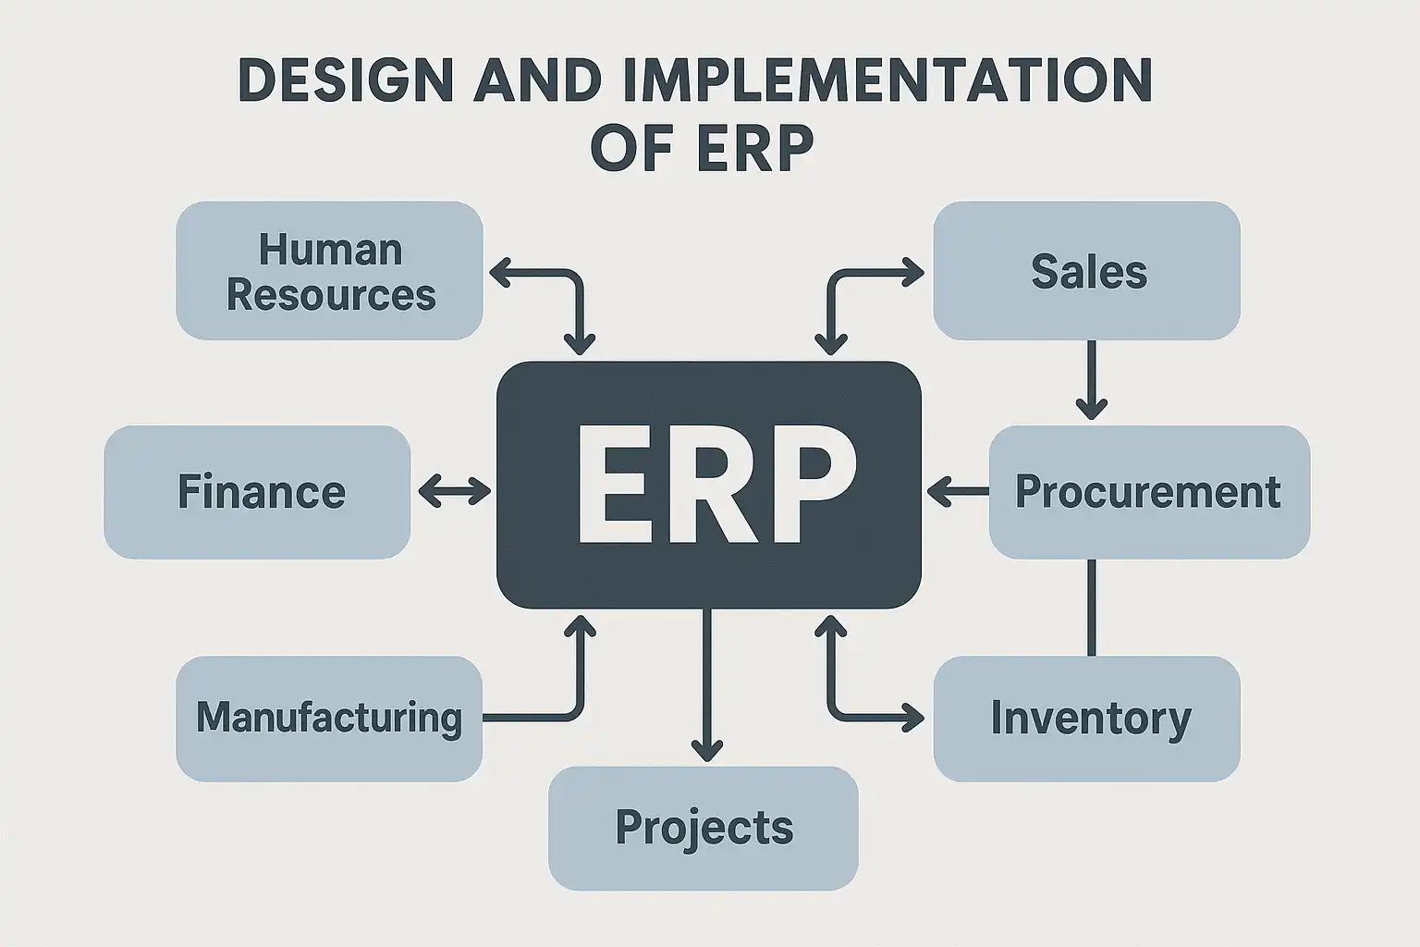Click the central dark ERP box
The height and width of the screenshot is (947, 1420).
(708, 484)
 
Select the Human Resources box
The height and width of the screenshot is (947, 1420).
(329, 271)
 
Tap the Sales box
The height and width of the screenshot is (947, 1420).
(1087, 271)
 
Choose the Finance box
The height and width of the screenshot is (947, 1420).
(257, 491)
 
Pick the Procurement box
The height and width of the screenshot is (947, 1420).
(1148, 491)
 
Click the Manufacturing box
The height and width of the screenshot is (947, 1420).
(329, 718)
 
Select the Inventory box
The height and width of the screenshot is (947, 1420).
(1087, 718)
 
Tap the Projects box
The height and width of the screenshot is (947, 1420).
(704, 827)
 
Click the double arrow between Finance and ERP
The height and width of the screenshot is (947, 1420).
(454, 491)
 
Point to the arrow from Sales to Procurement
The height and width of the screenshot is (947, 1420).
(1091, 379)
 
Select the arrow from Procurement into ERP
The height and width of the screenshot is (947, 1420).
(958, 491)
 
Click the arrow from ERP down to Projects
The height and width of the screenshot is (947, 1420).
(707, 684)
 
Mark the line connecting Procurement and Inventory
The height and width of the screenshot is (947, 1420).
(1092, 607)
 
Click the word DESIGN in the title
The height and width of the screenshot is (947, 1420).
(346, 80)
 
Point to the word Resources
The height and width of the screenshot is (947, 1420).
(331, 295)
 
